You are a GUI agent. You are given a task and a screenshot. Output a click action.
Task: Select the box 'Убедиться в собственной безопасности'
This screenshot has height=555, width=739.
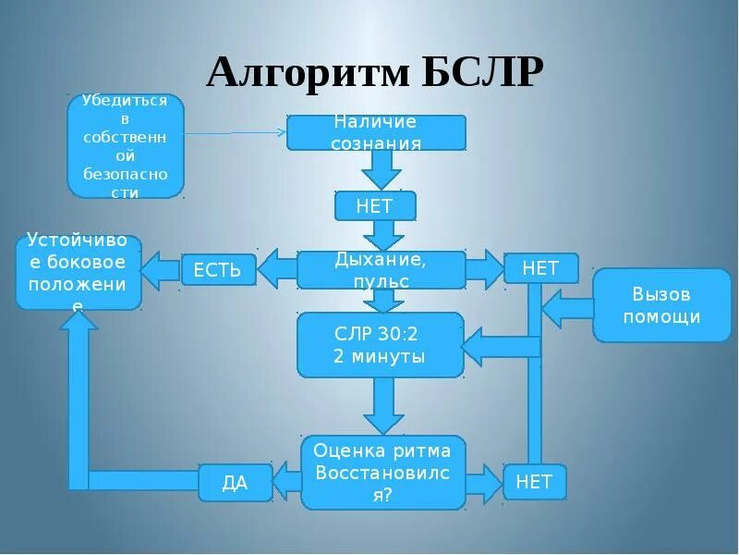point(126,146)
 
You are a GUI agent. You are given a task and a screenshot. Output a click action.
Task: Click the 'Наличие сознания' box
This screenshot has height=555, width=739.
point(376,132)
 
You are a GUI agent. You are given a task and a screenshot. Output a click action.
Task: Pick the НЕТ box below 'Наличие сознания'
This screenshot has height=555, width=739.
point(375,206)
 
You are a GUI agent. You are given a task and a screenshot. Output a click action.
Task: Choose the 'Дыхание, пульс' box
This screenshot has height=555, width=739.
point(381,269)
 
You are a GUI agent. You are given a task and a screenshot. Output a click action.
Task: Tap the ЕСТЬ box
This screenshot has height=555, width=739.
point(218,270)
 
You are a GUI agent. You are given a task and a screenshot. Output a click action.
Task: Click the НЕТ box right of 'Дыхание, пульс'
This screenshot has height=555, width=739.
point(540,268)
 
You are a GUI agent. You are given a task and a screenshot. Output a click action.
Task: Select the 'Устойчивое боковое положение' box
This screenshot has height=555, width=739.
point(79,273)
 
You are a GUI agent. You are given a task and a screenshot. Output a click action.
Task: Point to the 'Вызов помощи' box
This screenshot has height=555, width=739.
point(660,305)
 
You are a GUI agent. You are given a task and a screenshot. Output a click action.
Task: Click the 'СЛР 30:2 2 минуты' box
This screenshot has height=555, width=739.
point(380,344)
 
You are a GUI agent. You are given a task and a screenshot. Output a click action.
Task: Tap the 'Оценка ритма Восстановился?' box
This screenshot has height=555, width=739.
point(382,472)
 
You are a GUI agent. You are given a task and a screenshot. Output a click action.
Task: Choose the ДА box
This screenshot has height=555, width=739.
point(236,482)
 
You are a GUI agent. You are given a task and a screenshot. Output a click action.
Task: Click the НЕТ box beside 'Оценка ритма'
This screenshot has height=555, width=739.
point(534,482)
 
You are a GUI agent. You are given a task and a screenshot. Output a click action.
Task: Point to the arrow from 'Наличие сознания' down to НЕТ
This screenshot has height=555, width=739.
point(380,170)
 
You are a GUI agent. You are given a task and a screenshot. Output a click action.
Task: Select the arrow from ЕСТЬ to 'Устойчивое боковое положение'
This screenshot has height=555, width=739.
point(160,270)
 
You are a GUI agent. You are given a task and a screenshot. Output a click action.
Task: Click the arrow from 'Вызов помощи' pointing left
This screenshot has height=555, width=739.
point(565,305)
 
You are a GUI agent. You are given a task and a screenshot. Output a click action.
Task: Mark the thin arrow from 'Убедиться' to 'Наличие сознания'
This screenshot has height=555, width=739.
point(236,133)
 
